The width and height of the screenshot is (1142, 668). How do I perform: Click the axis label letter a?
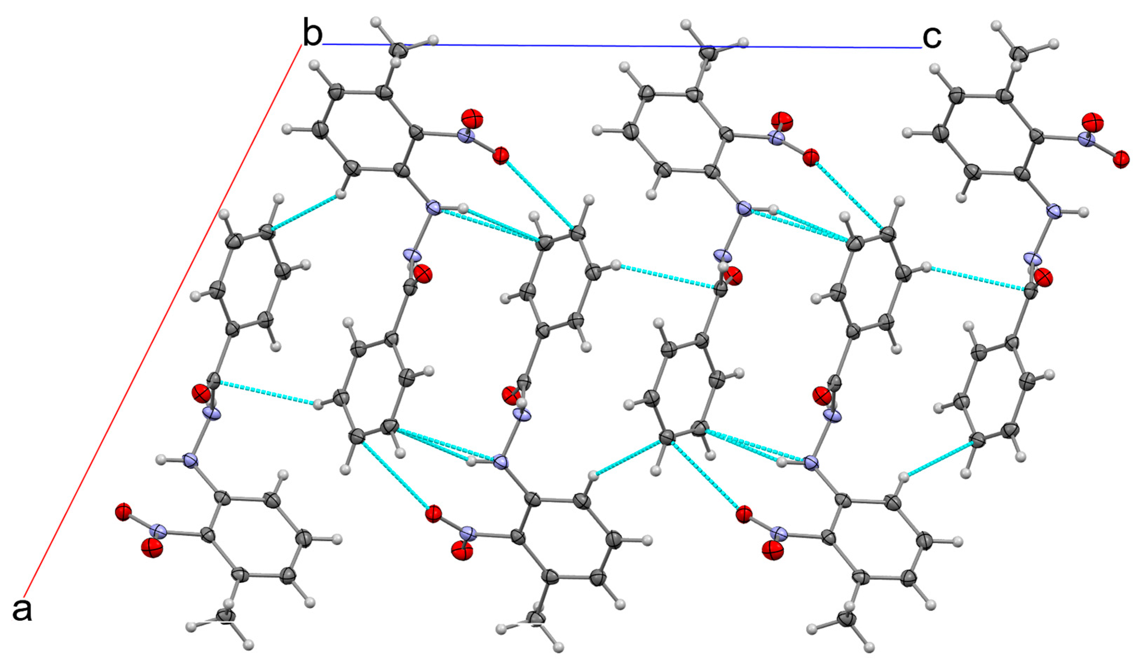tap(22, 610)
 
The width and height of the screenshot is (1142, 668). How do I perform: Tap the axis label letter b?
tap(312, 34)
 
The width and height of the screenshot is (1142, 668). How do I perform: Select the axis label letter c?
tap(932, 37)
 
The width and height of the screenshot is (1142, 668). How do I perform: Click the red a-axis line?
tap(163, 317)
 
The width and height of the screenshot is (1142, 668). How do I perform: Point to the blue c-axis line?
tap(589, 46)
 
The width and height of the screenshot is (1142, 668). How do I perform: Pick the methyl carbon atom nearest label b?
tap(399, 50)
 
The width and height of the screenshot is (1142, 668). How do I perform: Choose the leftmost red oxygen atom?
tap(123, 512)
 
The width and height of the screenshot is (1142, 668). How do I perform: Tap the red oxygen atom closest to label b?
tap(472, 119)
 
